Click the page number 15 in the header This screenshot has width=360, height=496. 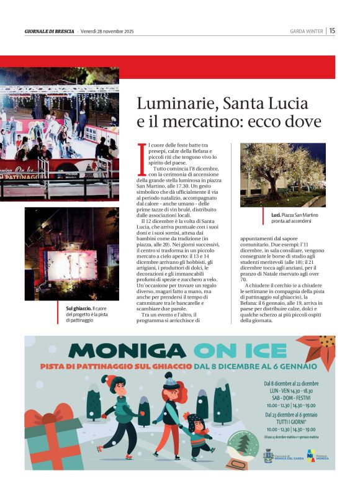click(x=333, y=30)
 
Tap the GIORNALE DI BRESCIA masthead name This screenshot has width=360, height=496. click(x=49, y=31)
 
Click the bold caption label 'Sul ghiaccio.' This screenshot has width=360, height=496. click(x=79, y=308)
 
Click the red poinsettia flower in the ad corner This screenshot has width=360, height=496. click(x=319, y=348)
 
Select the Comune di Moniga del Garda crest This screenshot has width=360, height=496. click(x=268, y=456)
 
